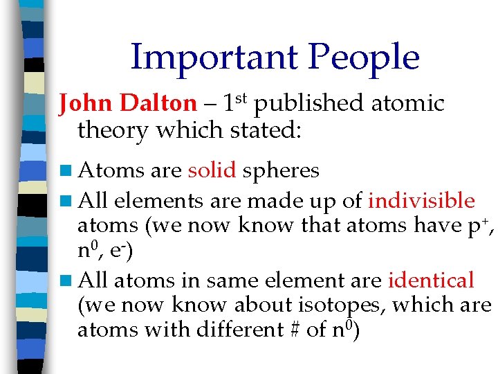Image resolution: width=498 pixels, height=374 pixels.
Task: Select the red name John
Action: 87,104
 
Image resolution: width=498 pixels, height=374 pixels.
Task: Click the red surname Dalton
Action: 158,104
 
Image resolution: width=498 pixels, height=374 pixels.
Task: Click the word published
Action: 308,104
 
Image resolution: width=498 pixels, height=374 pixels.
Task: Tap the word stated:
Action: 262,130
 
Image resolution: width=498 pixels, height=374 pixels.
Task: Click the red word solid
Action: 212,170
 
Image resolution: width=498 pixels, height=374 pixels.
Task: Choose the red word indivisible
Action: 421,202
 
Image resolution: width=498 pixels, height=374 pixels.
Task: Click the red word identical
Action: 431,281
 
